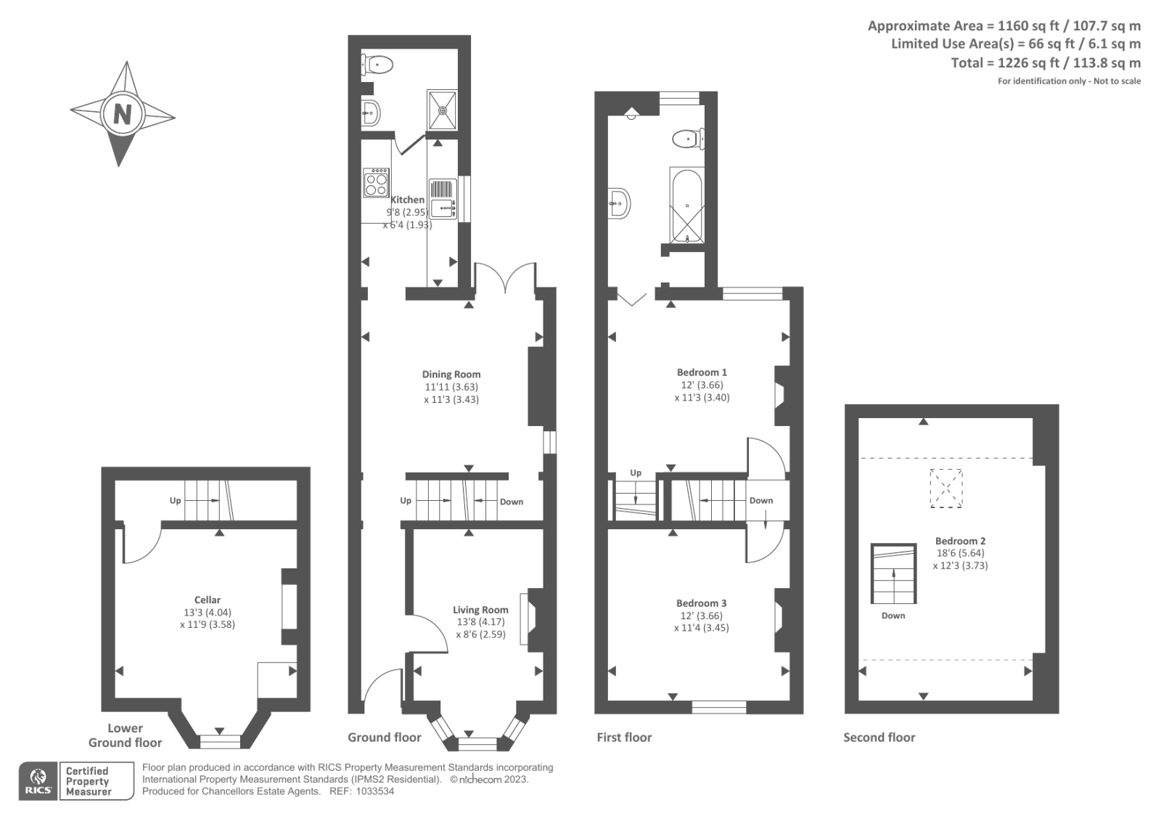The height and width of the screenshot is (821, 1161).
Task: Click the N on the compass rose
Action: point(122,114)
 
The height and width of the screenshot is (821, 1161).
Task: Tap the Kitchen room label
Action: point(408,200)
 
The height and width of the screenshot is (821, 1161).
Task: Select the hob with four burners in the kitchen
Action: point(377,182)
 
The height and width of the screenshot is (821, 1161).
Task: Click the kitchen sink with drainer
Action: point(443,199)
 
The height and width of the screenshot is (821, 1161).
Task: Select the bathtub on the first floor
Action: point(686,205)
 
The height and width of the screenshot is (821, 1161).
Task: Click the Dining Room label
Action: point(451,375)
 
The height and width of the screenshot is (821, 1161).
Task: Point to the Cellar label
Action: point(208,600)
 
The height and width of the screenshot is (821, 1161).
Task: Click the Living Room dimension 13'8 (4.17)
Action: point(480,622)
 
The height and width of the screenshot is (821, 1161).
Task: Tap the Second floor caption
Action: point(879,738)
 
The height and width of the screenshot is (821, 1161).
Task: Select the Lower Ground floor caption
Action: point(125,735)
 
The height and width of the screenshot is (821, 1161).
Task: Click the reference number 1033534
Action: point(372,791)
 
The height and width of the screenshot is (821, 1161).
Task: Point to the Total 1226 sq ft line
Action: point(1046,63)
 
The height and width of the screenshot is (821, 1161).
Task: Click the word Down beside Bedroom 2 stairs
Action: point(893,616)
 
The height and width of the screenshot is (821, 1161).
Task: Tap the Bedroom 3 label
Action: point(701,603)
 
